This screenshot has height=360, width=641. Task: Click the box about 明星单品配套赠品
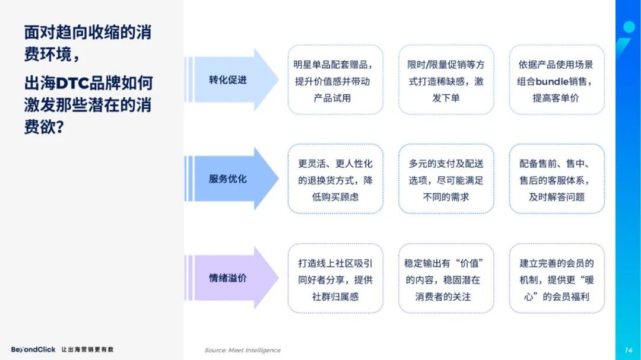point(335,79)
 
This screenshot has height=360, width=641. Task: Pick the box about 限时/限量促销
point(446,79)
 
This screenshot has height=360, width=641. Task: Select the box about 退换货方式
point(335,179)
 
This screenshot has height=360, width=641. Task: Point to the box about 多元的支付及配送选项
point(446,179)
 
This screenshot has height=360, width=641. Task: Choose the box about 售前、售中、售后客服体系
point(557,179)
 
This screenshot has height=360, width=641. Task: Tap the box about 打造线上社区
point(335,278)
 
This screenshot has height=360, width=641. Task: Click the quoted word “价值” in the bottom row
point(469,263)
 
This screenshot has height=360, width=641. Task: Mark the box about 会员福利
point(557,278)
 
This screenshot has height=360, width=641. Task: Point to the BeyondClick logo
point(33,349)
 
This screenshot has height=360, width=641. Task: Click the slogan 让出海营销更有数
point(87,349)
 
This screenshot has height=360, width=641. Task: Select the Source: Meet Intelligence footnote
point(242,350)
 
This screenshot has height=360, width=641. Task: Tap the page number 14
point(629,350)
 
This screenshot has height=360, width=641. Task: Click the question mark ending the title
point(60,127)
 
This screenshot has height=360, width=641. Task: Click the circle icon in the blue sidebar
point(629,27)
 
